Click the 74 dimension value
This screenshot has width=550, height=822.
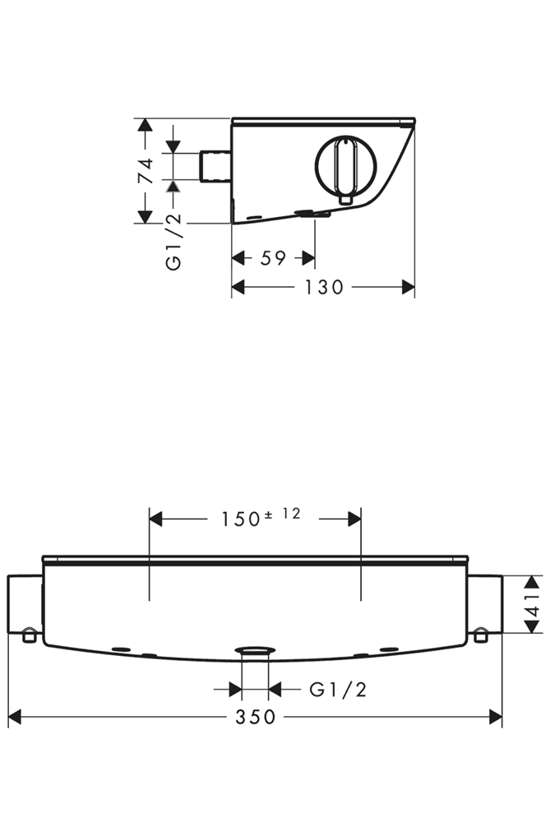pos(146,170)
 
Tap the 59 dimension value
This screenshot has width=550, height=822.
pos(273,258)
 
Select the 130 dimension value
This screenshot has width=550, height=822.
pos(324,287)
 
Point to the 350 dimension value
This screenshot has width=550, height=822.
pos(256,717)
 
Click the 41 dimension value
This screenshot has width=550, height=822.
pos(534,604)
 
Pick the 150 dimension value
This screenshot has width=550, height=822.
pos(241,520)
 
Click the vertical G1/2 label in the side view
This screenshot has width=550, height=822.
pos(173,242)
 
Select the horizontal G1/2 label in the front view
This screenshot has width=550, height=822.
pos(338,690)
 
